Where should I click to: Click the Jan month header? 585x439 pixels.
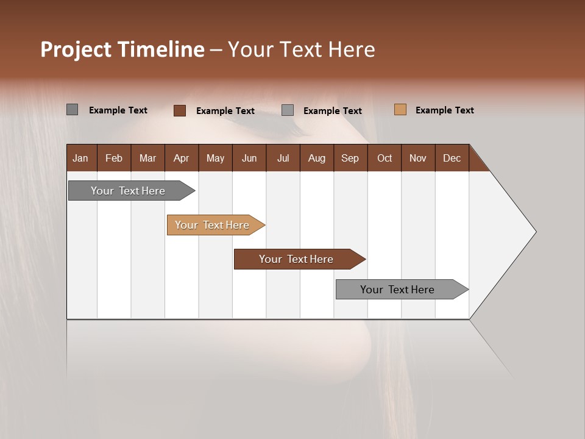(81, 158)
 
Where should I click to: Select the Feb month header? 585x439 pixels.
(114, 158)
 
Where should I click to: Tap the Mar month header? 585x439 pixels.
(147, 158)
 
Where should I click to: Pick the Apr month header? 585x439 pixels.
(181, 158)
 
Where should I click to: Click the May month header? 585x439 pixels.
(215, 158)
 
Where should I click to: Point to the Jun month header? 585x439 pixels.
(249, 158)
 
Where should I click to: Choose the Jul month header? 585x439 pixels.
(283, 158)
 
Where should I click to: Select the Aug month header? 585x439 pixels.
(316, 158)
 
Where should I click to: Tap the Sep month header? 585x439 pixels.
(350, 158)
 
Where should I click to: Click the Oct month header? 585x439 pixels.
(385, 158)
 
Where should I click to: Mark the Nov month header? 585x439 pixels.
(418, 158)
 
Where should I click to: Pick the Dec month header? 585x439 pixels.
(452, 158)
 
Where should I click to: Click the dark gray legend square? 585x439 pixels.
(73, 110)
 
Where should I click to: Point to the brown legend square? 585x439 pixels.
(180, 110)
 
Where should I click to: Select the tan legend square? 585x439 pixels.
(400, 110)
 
